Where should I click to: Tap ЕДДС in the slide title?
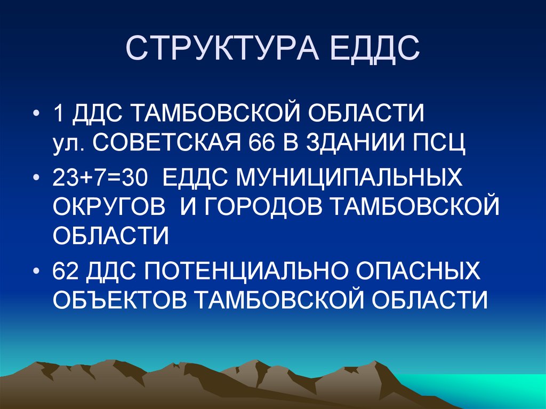[376, 49]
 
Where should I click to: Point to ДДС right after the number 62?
[111, 271]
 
